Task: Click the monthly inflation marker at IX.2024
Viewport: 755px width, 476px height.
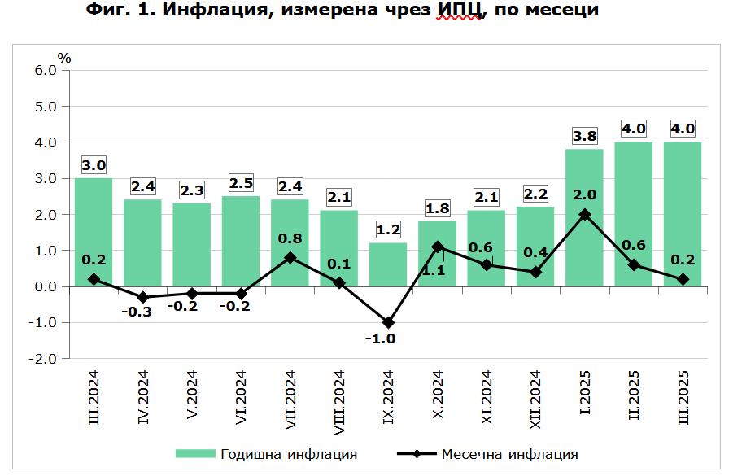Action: point(388,323)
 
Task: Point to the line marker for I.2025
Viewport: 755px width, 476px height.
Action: point(584,215)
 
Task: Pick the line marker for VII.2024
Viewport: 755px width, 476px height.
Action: point(290,258)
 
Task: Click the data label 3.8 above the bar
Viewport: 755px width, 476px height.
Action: point(584,136)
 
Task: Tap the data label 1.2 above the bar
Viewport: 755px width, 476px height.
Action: point(388,229)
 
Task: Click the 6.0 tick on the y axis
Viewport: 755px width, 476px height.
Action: point(46,70)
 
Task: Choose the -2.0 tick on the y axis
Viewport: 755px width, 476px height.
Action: point(44,359)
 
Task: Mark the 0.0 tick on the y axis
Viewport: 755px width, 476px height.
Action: point(46,286)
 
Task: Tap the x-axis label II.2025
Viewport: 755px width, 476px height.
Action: point(634,394)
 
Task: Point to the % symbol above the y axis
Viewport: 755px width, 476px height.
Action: point(64,58)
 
